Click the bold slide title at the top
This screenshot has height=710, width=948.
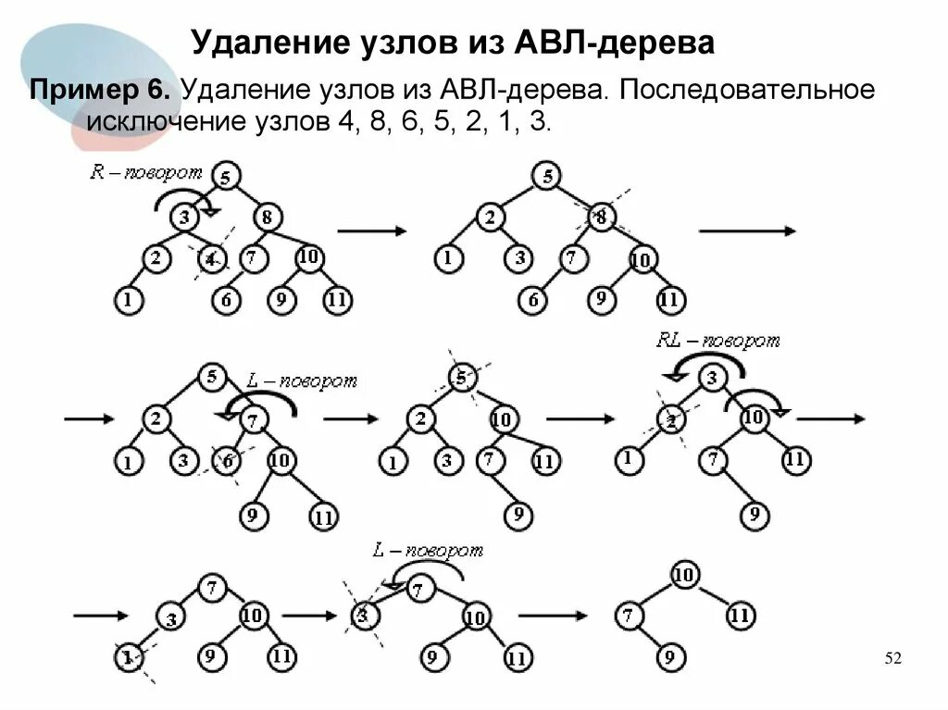click(453, 43)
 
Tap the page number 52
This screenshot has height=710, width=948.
click(892, 658)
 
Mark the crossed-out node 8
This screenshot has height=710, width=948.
click(600, 217)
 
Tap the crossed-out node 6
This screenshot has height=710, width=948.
click(225, 460)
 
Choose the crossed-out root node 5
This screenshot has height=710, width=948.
click(461, 377)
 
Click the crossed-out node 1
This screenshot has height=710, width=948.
click(127, 657)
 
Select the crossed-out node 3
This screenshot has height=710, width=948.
click(363, 614)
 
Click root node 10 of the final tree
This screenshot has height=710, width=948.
click(684, 574)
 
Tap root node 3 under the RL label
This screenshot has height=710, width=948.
click(711, 379)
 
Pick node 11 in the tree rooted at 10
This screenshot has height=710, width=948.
click(739, 614)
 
